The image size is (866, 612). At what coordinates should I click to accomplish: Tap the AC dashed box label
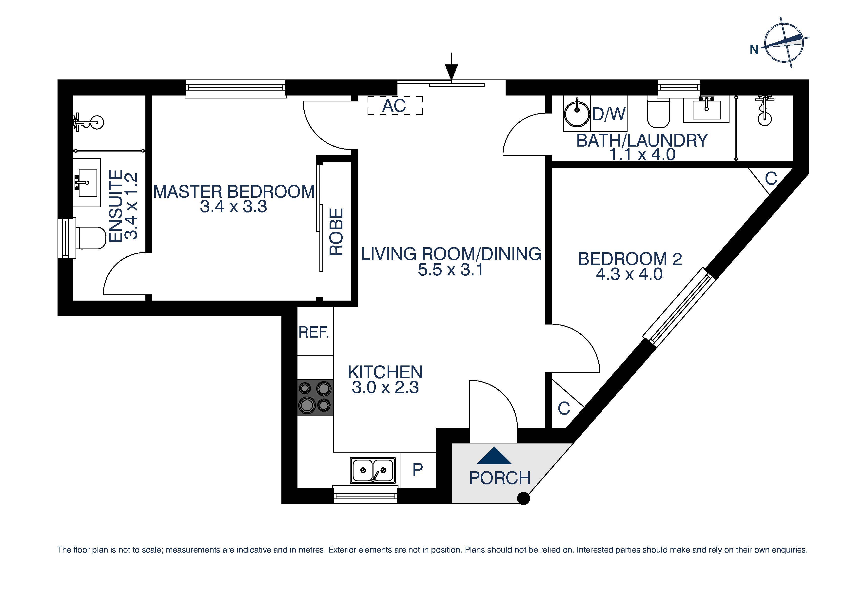[394, 106]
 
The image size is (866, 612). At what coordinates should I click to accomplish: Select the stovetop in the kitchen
[315, 398]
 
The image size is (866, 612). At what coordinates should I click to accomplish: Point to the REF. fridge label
[314, 332]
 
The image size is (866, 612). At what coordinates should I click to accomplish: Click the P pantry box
[417, 470]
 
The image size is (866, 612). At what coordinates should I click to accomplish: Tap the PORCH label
[500, 478]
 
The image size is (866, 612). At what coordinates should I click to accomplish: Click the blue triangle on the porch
[494, 456]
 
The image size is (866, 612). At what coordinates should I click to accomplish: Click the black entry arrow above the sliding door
[451, 70]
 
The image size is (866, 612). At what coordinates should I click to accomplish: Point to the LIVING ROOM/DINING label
[451, 254]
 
